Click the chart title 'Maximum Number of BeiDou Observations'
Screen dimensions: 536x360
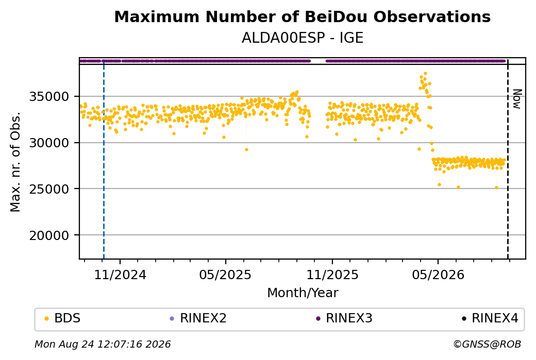point(302,16)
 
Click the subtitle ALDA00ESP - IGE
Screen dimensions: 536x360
point(302,38)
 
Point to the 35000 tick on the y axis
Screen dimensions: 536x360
point(49,97)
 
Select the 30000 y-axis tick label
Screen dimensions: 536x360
point(49,143)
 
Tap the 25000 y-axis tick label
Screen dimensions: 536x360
point(49,189)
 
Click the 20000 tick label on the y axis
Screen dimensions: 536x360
point(49,235)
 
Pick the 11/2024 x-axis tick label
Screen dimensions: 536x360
point(120,275)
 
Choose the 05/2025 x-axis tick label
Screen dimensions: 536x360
point(225,275)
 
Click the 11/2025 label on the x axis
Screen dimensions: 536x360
point(332,275)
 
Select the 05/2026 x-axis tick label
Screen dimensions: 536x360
point(438,275)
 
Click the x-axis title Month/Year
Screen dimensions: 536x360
point(303,293)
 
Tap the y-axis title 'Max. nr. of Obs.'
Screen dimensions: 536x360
point(15,162)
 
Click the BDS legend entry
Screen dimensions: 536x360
point(62,318)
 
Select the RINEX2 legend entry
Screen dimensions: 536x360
point(198,318)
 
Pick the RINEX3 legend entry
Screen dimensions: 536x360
point(344,318)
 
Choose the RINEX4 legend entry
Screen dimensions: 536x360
point(490,318)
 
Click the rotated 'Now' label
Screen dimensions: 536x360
point(517,99)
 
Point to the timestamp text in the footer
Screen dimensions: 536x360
point(103,344)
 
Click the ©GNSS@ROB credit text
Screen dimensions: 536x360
point(487,344)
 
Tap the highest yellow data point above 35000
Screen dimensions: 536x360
point(425,74)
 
